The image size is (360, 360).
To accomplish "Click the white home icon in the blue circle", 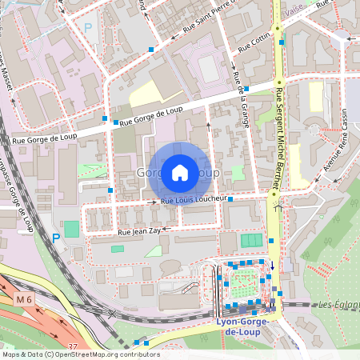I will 179,172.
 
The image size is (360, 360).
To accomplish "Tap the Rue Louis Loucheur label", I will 195,199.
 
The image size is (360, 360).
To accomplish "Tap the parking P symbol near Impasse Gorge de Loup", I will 55,238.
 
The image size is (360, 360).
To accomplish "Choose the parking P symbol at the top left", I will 88,26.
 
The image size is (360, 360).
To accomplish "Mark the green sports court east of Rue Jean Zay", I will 252,240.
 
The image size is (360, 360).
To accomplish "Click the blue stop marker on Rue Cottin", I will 282,42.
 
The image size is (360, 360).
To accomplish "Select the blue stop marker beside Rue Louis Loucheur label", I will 230,199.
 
